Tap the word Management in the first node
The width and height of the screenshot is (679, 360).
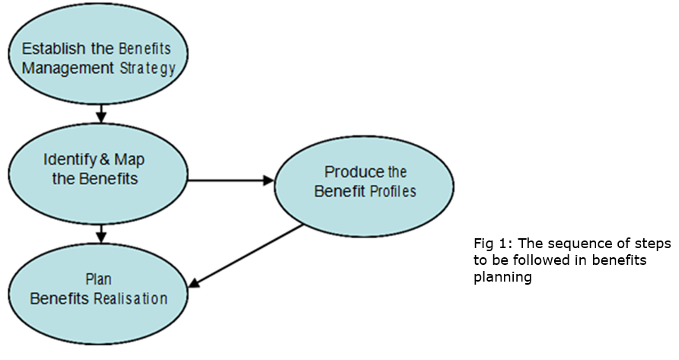pos(69,68)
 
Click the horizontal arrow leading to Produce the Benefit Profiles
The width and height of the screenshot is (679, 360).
pos(228,180)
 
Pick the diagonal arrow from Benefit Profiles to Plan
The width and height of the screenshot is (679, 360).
pos(247,256)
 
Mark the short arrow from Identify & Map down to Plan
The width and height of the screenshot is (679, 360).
pos(100,231)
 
